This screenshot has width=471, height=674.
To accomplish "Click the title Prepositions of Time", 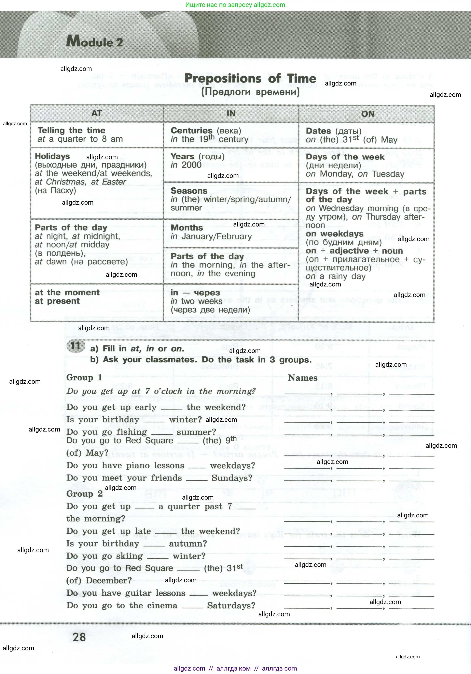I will pyautogui.click(x=250, y=79).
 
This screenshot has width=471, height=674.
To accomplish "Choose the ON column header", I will pyautogui.click(x=368, y=114).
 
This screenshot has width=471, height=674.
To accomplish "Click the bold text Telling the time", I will pyautogui.click(x=71, y=130).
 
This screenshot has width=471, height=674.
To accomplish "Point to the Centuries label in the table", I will pyautogui.click(x=191, y=131).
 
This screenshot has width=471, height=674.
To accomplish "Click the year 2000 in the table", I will pyautogui.click(x=192, y=165).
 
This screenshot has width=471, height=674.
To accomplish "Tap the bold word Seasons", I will pyautogui.click(x=189, y=191).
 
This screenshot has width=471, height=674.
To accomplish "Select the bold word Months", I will pyautogui.click(x=187, y=228).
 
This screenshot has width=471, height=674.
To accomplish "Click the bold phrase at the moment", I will pyautogui.click(x=67, y=293).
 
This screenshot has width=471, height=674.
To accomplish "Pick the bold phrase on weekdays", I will pyautogui.click(x=335, y=234).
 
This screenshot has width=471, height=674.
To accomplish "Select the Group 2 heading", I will pyautogui.click(x=84, y=493).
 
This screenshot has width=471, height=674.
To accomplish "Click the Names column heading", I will pyautogui.click(x=303, y=378).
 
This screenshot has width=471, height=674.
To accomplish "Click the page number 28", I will pyautogui.click(x=79, y=637).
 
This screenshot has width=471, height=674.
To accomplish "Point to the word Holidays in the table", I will pyautogui.click(x=52, y=156).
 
